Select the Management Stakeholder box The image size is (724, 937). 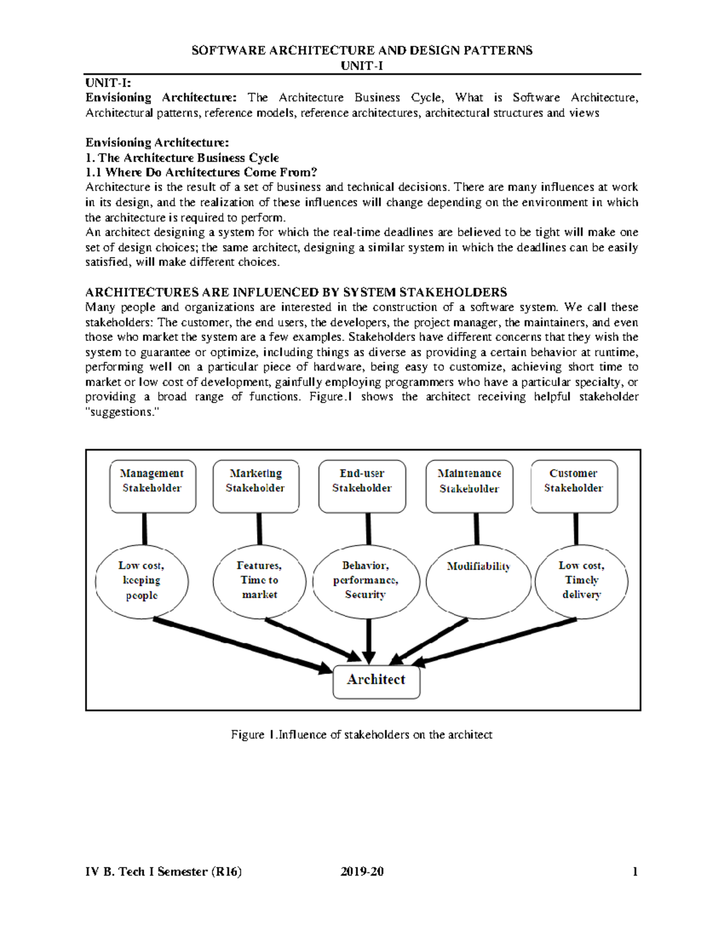coord(153,486)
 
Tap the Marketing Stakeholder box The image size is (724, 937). coord(256,486)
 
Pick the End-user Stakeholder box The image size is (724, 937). coord(362,486)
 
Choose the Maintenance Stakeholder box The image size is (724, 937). coord(469,486)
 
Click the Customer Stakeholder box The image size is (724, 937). coord(574,486)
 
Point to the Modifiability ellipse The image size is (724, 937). coord(478,582)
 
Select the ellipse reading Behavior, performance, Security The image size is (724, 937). coord(366,580)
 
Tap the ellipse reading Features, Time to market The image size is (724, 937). coord(259,580)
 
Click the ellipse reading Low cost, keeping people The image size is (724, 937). coord(142,580)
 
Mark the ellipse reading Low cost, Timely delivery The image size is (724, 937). coord(582,580)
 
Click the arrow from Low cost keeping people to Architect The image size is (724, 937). coord(241,644)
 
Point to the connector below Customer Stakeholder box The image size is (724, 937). coord(576,529)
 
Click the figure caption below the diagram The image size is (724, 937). coord(361,735)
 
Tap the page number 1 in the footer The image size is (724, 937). coord(635,871)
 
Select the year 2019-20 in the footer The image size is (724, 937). coord(362,871)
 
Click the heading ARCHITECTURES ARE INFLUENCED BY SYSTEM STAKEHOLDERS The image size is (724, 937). coord(296,293)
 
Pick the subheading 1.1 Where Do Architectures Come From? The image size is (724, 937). coord(201,173)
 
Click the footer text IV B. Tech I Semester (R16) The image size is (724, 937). coord(164,871)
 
